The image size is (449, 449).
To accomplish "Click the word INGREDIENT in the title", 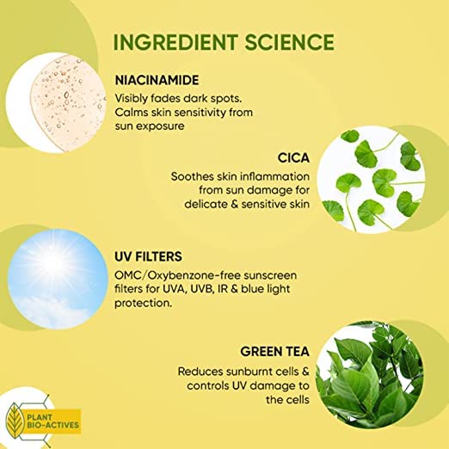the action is point(175,42).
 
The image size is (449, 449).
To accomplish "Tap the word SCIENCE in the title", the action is point(290,42).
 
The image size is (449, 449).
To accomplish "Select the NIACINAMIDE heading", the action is point(157,80).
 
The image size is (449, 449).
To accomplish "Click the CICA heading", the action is point(293,158).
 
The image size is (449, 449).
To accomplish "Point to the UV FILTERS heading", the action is point(148,256).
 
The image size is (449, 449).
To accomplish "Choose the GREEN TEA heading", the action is point(274,352).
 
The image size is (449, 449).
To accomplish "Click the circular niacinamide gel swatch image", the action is point(56,102).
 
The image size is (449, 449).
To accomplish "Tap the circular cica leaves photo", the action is point(371,180).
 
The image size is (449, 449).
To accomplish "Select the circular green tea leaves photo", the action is point(370,375).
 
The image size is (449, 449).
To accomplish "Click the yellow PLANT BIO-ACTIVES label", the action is point(53,421).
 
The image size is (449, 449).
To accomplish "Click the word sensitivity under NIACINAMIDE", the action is point(200,113).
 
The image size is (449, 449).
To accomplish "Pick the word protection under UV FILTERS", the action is point(143,304).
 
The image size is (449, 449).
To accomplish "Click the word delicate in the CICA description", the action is point(206,204).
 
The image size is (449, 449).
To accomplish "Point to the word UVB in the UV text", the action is point(203,289).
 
